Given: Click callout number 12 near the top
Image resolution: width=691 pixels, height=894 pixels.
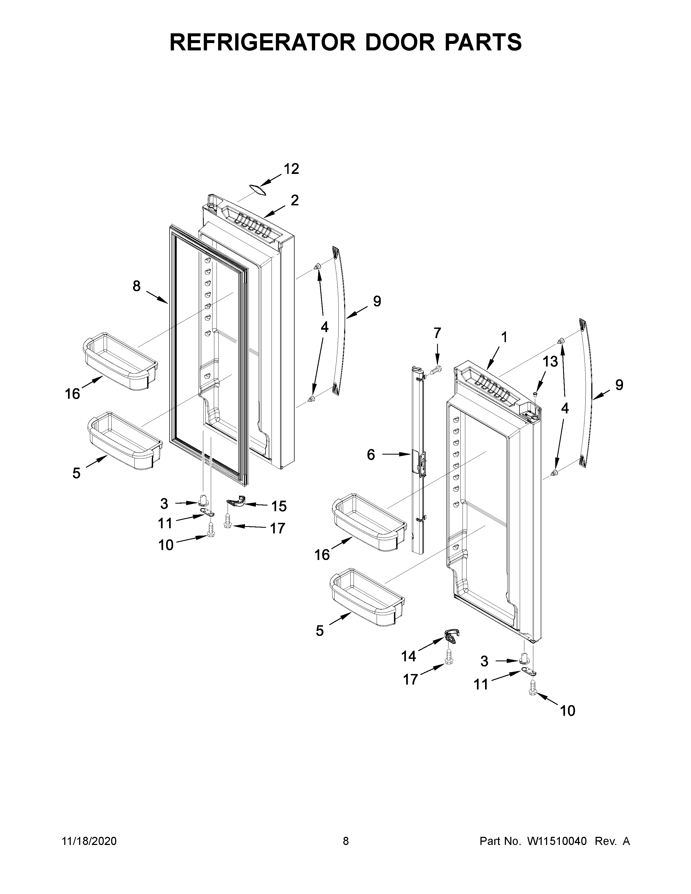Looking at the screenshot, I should click(x=292, y=169).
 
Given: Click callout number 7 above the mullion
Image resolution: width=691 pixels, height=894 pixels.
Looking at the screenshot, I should click(x=437, y=333).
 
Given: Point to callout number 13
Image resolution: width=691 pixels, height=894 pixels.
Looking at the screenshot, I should click(x=550, y=362).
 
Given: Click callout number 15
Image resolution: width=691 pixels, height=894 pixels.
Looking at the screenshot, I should click(x=279, y=506).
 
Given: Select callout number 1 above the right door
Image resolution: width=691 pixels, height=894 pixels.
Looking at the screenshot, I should click(x=504, y=337).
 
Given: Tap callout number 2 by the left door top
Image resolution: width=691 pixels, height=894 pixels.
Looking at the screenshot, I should click(x=295, y=200).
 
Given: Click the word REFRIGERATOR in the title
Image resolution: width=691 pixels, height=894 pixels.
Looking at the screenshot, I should click(x=262, y=42).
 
